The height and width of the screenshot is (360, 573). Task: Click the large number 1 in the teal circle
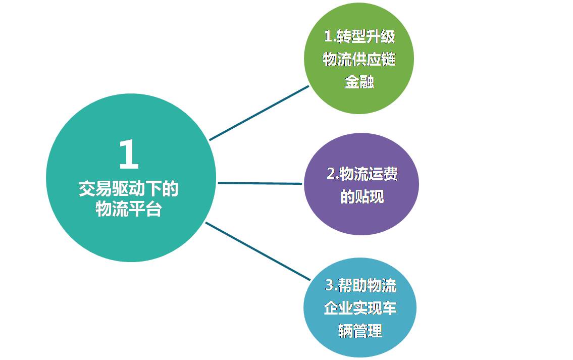[x=129, y=155]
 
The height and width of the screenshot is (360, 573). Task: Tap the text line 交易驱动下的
[x=129, y=189]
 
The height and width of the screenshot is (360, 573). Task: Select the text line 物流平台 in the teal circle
[x=129, y=210]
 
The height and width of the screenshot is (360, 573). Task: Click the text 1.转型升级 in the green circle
[x=359, y=36]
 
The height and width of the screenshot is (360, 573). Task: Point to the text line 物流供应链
[x=359, y=59]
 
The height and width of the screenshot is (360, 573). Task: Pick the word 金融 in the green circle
[x=359, y=81]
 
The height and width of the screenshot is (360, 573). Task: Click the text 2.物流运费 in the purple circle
[x=362, y=174]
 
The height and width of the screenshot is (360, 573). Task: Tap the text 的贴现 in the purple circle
[x=362, y=196]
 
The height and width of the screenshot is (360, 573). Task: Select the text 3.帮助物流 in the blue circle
[x=360, y=285]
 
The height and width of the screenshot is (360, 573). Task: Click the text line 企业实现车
[x=360, y=308]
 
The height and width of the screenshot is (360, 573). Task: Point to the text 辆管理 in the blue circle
[x=360, y=331]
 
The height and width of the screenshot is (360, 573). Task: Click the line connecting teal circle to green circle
[x=259, y=113]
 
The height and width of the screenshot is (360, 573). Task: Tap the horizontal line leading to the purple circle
[x=260, y=183]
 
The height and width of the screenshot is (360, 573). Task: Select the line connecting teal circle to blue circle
[x=258, y=251]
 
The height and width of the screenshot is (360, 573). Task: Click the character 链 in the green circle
[x=388, y=59]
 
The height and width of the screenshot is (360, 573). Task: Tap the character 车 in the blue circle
[x=390, y=308]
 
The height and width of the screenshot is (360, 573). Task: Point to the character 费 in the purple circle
[x=390, y=174]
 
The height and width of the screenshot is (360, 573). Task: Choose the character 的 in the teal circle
[x=171, y=189]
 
